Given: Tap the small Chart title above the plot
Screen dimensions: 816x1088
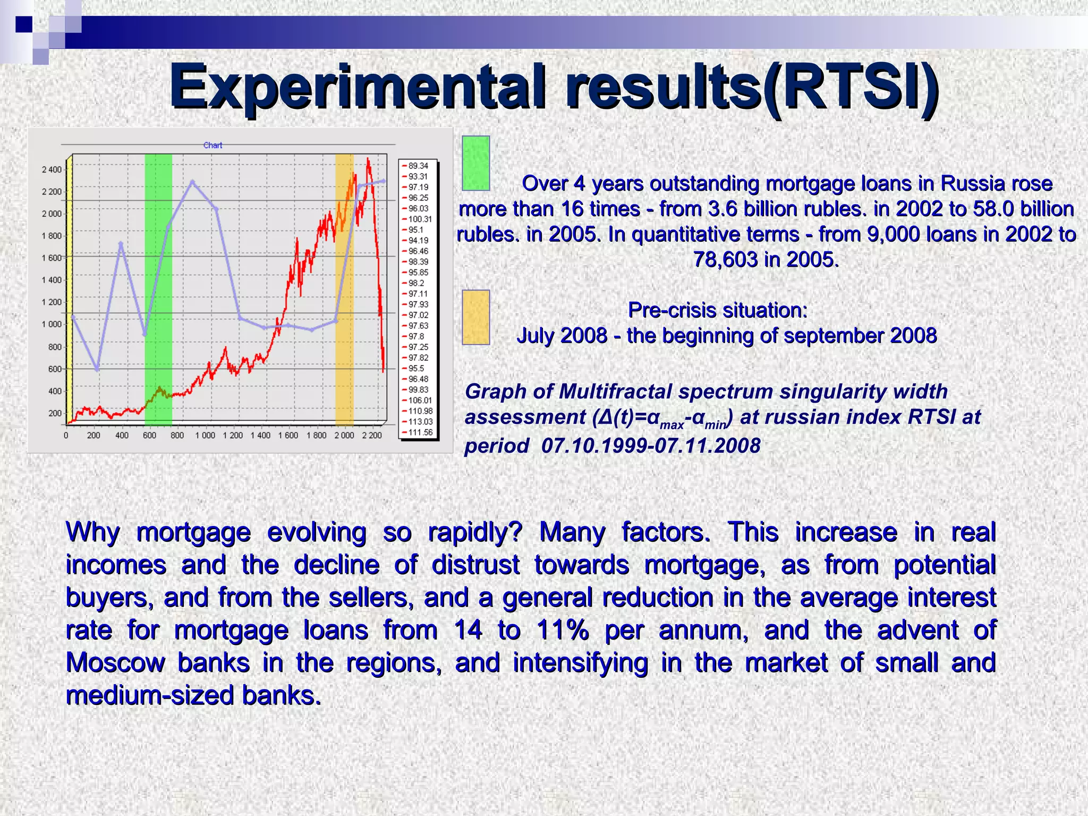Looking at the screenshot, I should point(212,145).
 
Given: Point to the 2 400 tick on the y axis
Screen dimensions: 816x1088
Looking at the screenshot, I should point(52,169).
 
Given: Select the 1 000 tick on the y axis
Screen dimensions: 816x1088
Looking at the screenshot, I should point(52,324).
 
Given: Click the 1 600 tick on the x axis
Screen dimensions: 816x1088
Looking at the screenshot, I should point(288,436).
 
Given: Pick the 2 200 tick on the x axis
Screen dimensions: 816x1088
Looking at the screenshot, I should point(371,436).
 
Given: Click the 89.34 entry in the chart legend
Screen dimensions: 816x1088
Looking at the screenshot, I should point(418,166).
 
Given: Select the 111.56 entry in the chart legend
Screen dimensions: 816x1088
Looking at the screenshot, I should point(420,432).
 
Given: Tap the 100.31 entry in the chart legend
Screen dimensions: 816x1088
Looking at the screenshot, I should point(420,219).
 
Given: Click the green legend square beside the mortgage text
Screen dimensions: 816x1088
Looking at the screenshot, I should point(475,163).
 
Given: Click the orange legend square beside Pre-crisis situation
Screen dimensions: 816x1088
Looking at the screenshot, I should point(475,317).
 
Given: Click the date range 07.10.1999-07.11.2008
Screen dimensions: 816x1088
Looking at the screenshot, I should point(651,445).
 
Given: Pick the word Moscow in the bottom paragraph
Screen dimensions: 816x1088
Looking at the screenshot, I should point(115,662).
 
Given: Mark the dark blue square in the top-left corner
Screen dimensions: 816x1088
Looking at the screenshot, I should point(23,24).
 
